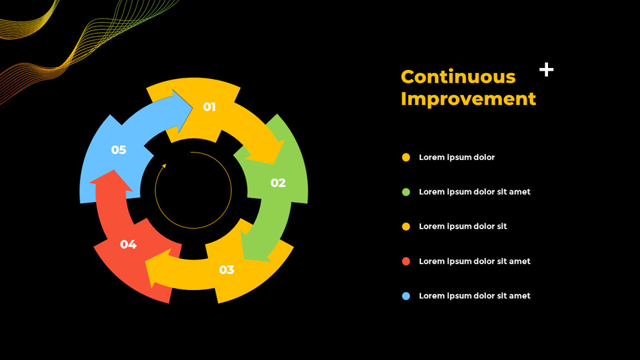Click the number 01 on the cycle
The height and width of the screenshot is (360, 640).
coord(209,107)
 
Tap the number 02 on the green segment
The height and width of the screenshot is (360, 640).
coord(278,183)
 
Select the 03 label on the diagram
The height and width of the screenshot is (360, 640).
coord(226,269)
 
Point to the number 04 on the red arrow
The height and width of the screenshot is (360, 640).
coord(128,244)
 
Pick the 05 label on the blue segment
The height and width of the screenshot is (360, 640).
coord(119,150)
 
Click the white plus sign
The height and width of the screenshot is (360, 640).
coord(547,70)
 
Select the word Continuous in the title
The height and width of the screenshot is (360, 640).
coord(458,76)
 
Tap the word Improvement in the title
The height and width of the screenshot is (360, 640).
coord(468,98)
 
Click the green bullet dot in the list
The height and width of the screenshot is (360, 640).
coord(406,192)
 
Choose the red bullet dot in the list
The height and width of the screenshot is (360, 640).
coord(406,261)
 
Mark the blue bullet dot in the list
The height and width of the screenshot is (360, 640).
coord(406,296)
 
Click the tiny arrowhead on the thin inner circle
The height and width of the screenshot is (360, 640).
coord(164,166)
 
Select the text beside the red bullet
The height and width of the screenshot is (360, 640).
coord(474,261)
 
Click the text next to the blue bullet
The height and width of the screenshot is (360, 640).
coord(474,296)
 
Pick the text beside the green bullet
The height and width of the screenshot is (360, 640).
coord(474,192)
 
